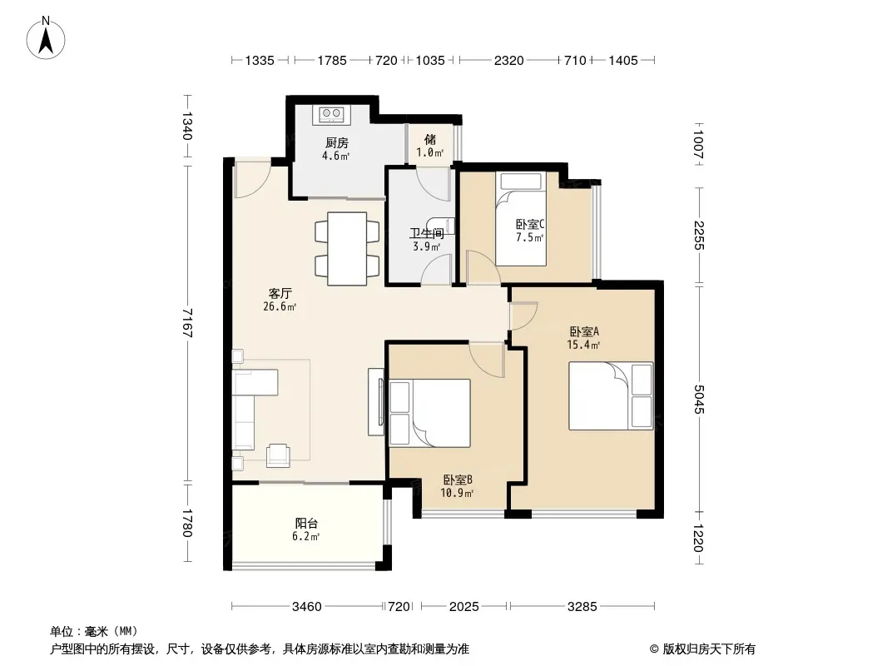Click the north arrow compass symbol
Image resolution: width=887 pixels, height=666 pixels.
point(46,38)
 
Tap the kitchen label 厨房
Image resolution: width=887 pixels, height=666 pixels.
point(337,142)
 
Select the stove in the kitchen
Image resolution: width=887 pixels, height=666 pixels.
point(331,115)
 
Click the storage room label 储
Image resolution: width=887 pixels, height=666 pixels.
point(430,139)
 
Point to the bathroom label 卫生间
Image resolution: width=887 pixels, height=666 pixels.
point(427,233)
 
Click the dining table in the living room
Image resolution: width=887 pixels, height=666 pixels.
point(347,248)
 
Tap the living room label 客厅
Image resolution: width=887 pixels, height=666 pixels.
point(280,293)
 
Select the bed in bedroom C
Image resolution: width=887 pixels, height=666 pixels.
point(520,218)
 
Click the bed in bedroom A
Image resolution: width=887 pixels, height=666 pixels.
point(611,396)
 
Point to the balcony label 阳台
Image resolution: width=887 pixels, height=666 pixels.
point(306,523)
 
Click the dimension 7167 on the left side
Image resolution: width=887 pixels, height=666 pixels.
point(187,323)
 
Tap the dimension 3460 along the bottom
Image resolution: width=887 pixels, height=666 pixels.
point(306,607)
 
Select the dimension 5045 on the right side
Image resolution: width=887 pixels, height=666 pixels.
point(699,399)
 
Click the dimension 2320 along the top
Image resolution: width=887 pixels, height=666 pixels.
point(508,60)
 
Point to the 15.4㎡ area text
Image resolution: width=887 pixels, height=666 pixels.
point(583,345)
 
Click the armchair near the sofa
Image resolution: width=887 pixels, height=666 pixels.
point(278,455)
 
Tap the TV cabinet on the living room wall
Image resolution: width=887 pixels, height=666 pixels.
point(375,402)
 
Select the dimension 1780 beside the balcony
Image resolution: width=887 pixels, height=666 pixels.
point(187,523)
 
